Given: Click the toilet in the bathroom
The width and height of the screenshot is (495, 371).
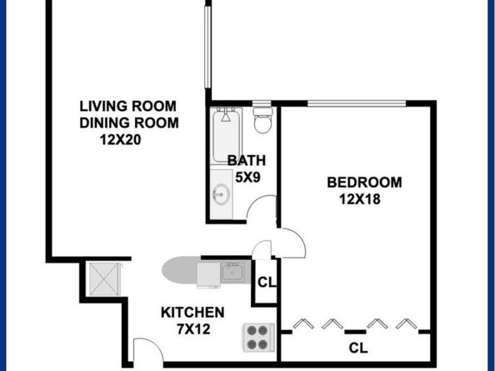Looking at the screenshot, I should pos(263,121).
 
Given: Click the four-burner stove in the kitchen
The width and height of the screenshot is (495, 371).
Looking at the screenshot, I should pos(257,337).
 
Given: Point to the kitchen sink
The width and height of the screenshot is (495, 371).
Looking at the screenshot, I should pos(231,272).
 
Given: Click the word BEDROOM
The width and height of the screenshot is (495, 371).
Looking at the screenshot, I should pos(364,183).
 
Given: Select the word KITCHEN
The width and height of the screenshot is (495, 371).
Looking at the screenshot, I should pos(192,313).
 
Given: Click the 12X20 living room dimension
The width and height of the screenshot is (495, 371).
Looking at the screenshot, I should pos(120,139).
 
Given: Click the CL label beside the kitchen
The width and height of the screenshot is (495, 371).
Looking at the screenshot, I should pos(266,282).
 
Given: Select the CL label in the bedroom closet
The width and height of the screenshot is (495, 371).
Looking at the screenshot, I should pos(358,347).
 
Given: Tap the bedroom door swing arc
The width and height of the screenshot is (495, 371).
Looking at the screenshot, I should pos(292,243).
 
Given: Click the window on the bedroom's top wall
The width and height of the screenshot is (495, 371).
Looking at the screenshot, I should pos(357,103).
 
